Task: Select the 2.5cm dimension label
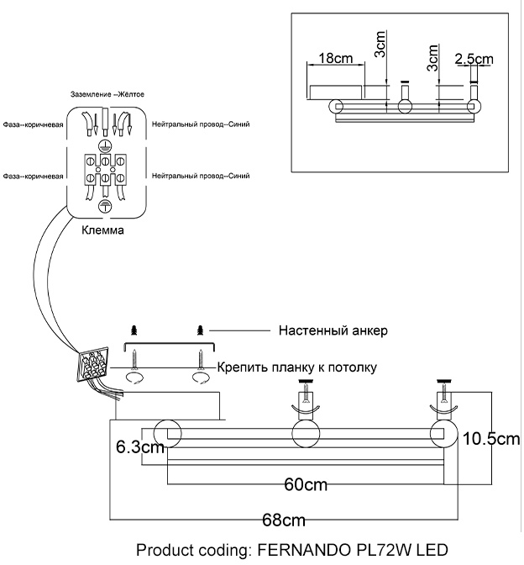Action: coord(473,59)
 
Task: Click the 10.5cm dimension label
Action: coord(492,439)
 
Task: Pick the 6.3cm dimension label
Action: coord(139,447)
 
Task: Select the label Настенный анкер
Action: coord(333,330)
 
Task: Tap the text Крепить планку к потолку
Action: coord(296,367)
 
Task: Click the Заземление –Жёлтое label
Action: coord(107,96)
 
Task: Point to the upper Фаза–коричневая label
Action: coord(34,124)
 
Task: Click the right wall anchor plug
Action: coord(200,330)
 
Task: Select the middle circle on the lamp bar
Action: coord(307,434)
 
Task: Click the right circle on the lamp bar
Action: coord(443,434)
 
